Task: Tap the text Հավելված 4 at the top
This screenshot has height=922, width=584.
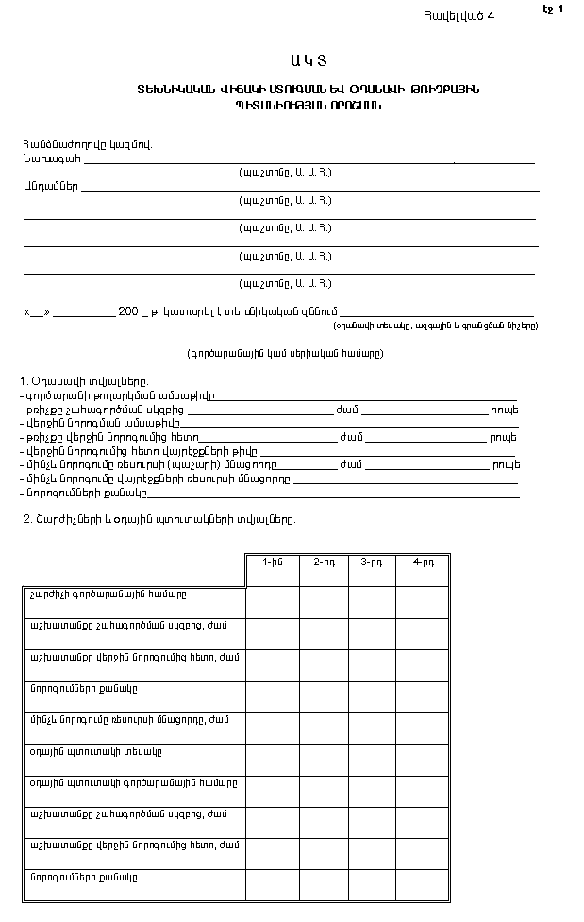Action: coord(459,15)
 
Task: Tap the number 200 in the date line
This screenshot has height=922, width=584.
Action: coord(128,310)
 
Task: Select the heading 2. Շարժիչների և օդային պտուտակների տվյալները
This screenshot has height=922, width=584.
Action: coord(158,519)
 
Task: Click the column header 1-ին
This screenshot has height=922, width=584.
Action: coord(272,562)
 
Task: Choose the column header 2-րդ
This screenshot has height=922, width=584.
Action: coord(324,562)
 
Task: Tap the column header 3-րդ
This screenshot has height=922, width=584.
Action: coord(372,562)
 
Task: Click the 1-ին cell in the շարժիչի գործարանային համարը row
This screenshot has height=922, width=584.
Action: coord(273,601)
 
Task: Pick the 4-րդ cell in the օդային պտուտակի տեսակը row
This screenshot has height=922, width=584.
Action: coord(423,759)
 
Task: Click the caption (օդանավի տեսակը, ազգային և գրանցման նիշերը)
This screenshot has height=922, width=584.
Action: coord(435,325)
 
